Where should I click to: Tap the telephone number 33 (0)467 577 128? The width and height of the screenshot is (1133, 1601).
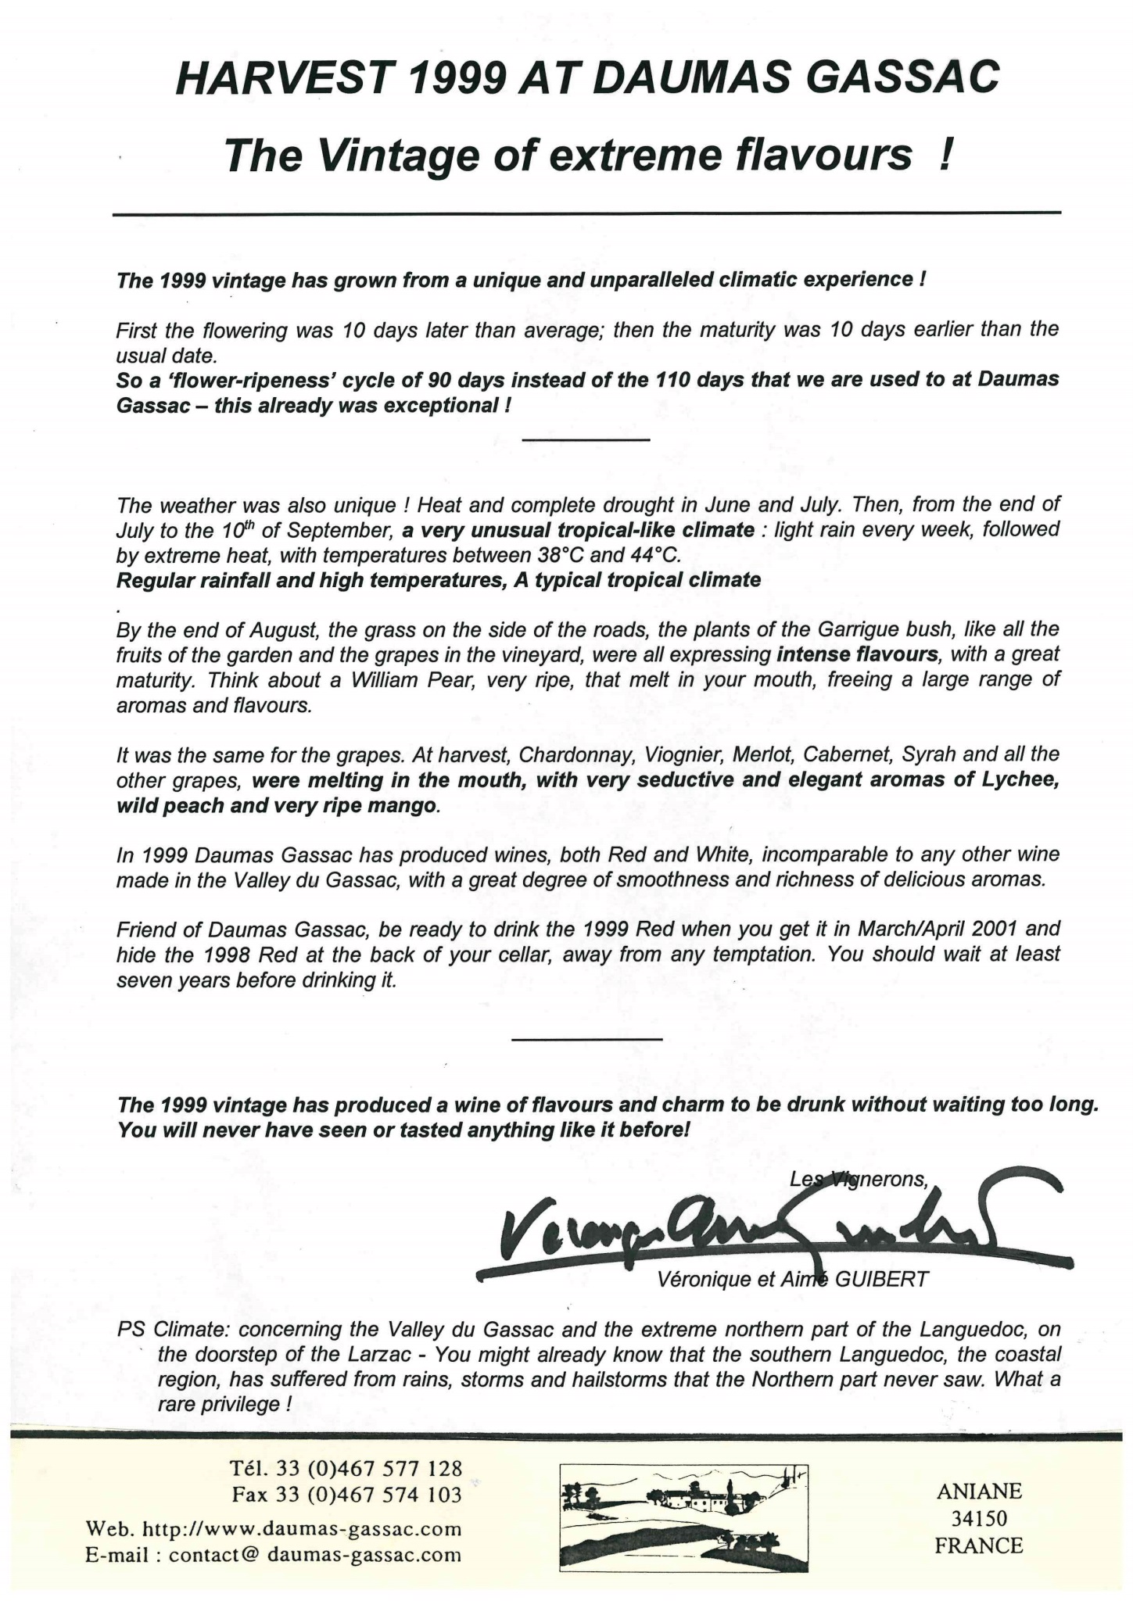click(369, 1468)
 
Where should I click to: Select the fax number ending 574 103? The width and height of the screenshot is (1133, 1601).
click(369, 1495)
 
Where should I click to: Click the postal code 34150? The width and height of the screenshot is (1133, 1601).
click(978, 1518)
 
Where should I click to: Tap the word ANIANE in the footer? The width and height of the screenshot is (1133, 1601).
click(978, 1491)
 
